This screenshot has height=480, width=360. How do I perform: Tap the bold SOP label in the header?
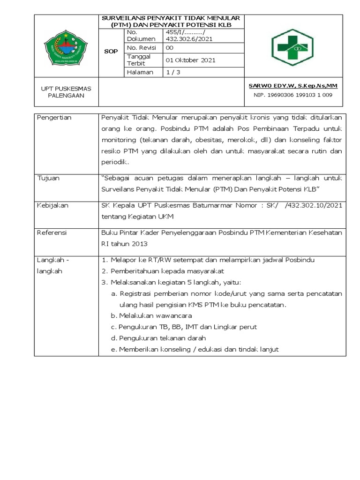[x=111, y=51]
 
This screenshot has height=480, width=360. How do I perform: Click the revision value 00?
[x=170, y=48]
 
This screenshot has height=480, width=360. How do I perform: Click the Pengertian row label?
[x=54, y=118]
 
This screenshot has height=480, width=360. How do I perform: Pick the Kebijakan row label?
[x=52, y=205]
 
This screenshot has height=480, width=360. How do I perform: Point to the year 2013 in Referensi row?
[x=139, y=244]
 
